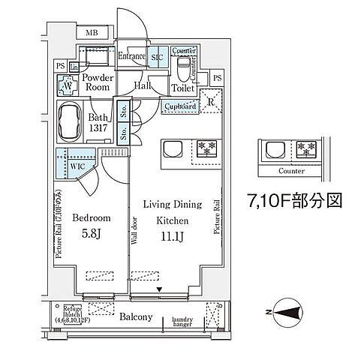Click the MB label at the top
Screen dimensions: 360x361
[91, 33]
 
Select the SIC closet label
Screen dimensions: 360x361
[158, 56]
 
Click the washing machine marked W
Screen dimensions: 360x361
[68, 85]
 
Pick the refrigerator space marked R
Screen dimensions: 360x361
[212, 103]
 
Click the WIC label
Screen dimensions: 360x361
[77, 166]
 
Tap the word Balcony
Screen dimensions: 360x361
[135, 317]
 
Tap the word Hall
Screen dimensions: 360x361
[143, 86]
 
